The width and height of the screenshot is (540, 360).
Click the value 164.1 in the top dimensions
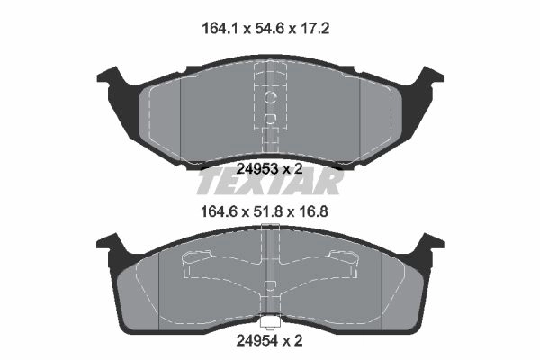click(220, 29)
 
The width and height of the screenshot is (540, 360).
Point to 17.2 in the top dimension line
click(313, 29)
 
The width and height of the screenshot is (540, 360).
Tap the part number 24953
click(257, 169)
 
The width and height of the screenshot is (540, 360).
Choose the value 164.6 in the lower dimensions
click(219, 211)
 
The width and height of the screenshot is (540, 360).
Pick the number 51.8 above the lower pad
click(269, 211)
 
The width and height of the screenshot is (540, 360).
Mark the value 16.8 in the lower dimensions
click(312, 211)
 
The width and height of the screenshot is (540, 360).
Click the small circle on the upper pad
click(270, 98)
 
